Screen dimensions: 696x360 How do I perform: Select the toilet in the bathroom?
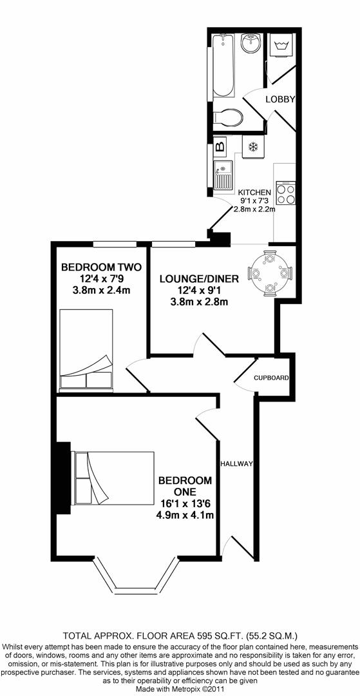pyautogui.click(x=230, y=117)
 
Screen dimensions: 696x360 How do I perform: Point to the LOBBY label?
pyautogui.click(x=281, y=99)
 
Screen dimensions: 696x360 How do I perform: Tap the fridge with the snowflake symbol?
pyautogui.click(x=253, y=147)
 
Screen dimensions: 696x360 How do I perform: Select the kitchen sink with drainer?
pyautogui.click(x=223, y=176)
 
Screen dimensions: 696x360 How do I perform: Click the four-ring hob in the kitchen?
pyautogui.click(x=285, y=193)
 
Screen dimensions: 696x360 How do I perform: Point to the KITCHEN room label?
pyautogui.click(x=254, y=193)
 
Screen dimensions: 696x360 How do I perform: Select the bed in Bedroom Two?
pyautogui.click(x=86, y=351)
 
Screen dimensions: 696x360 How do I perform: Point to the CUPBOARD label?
pyautogui.click(x=270, y=378)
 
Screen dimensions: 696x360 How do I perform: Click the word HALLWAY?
pyautogui.click(x=236, y=464)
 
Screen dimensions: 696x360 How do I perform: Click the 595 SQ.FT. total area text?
pyautogui.click(x=219, y=634)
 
